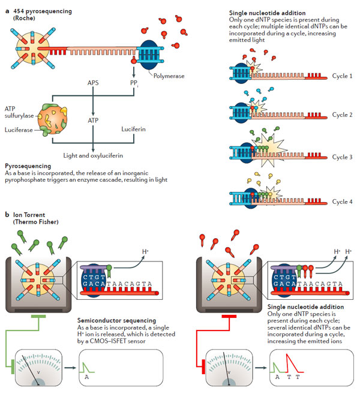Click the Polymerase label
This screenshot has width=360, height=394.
pyautogui.click(x=169, y=76)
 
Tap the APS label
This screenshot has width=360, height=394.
pyautogui.click(x=93, y=83)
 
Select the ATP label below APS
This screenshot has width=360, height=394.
pyautogui.click(x=93, y=121)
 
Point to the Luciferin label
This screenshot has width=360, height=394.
pyautogui.click(x=133, y=129)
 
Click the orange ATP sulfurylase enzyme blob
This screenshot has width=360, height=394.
pyautogui.click(x=53, y=119)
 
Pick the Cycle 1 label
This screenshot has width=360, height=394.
pyautogui.click(x=342, y=76)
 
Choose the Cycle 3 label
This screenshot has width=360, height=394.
pyautogui.click(x=342, y=157)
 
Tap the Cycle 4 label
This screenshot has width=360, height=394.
pyautogui.click(x=342, y=201)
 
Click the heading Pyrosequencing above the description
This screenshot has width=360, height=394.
pyautogui.click(x=28, y=166)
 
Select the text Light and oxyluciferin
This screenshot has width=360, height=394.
pyautogui.click(x=93, y=155)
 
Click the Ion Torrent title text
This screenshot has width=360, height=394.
pyautogui.click(x=29, y=215)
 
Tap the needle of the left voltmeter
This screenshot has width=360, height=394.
pyautogui.click(x=31, y=370)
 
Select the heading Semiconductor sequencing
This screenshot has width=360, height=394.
pyautogui.click(x=116, y=320)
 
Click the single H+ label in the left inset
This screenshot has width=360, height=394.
pyautogui.click(x=145, y=251)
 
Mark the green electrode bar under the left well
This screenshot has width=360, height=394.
pyautogui.click(x=38, y=317)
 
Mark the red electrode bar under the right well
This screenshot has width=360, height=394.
pyautogui.click(x=229, y=317)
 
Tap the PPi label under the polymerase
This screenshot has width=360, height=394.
pyautogui.click(x=134, y=83)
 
